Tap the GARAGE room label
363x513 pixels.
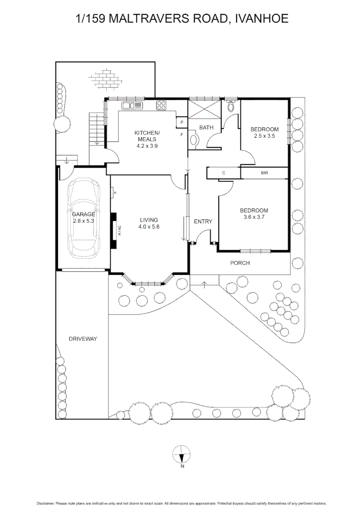tap(84, 214)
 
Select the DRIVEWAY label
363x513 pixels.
tap(83, 339)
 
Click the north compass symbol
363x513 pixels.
tap(181, 455)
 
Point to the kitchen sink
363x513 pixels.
tap(133, 105)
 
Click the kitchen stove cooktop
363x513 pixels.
tap(161, 105)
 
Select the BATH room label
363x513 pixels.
tap(206, 128)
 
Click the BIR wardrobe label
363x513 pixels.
tap(265, 173)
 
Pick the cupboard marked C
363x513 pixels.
tap(224, 173)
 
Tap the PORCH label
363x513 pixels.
tap(240, 263)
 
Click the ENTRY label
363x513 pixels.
tap(203, 221)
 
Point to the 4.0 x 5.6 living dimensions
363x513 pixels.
tap(149, 227)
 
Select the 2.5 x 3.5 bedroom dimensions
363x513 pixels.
tap(265, 136)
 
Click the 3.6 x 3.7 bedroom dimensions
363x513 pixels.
tap(254, 218)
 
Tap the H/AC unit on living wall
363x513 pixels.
tap(115, 231)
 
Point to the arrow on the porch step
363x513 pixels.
tap(205, 285)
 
